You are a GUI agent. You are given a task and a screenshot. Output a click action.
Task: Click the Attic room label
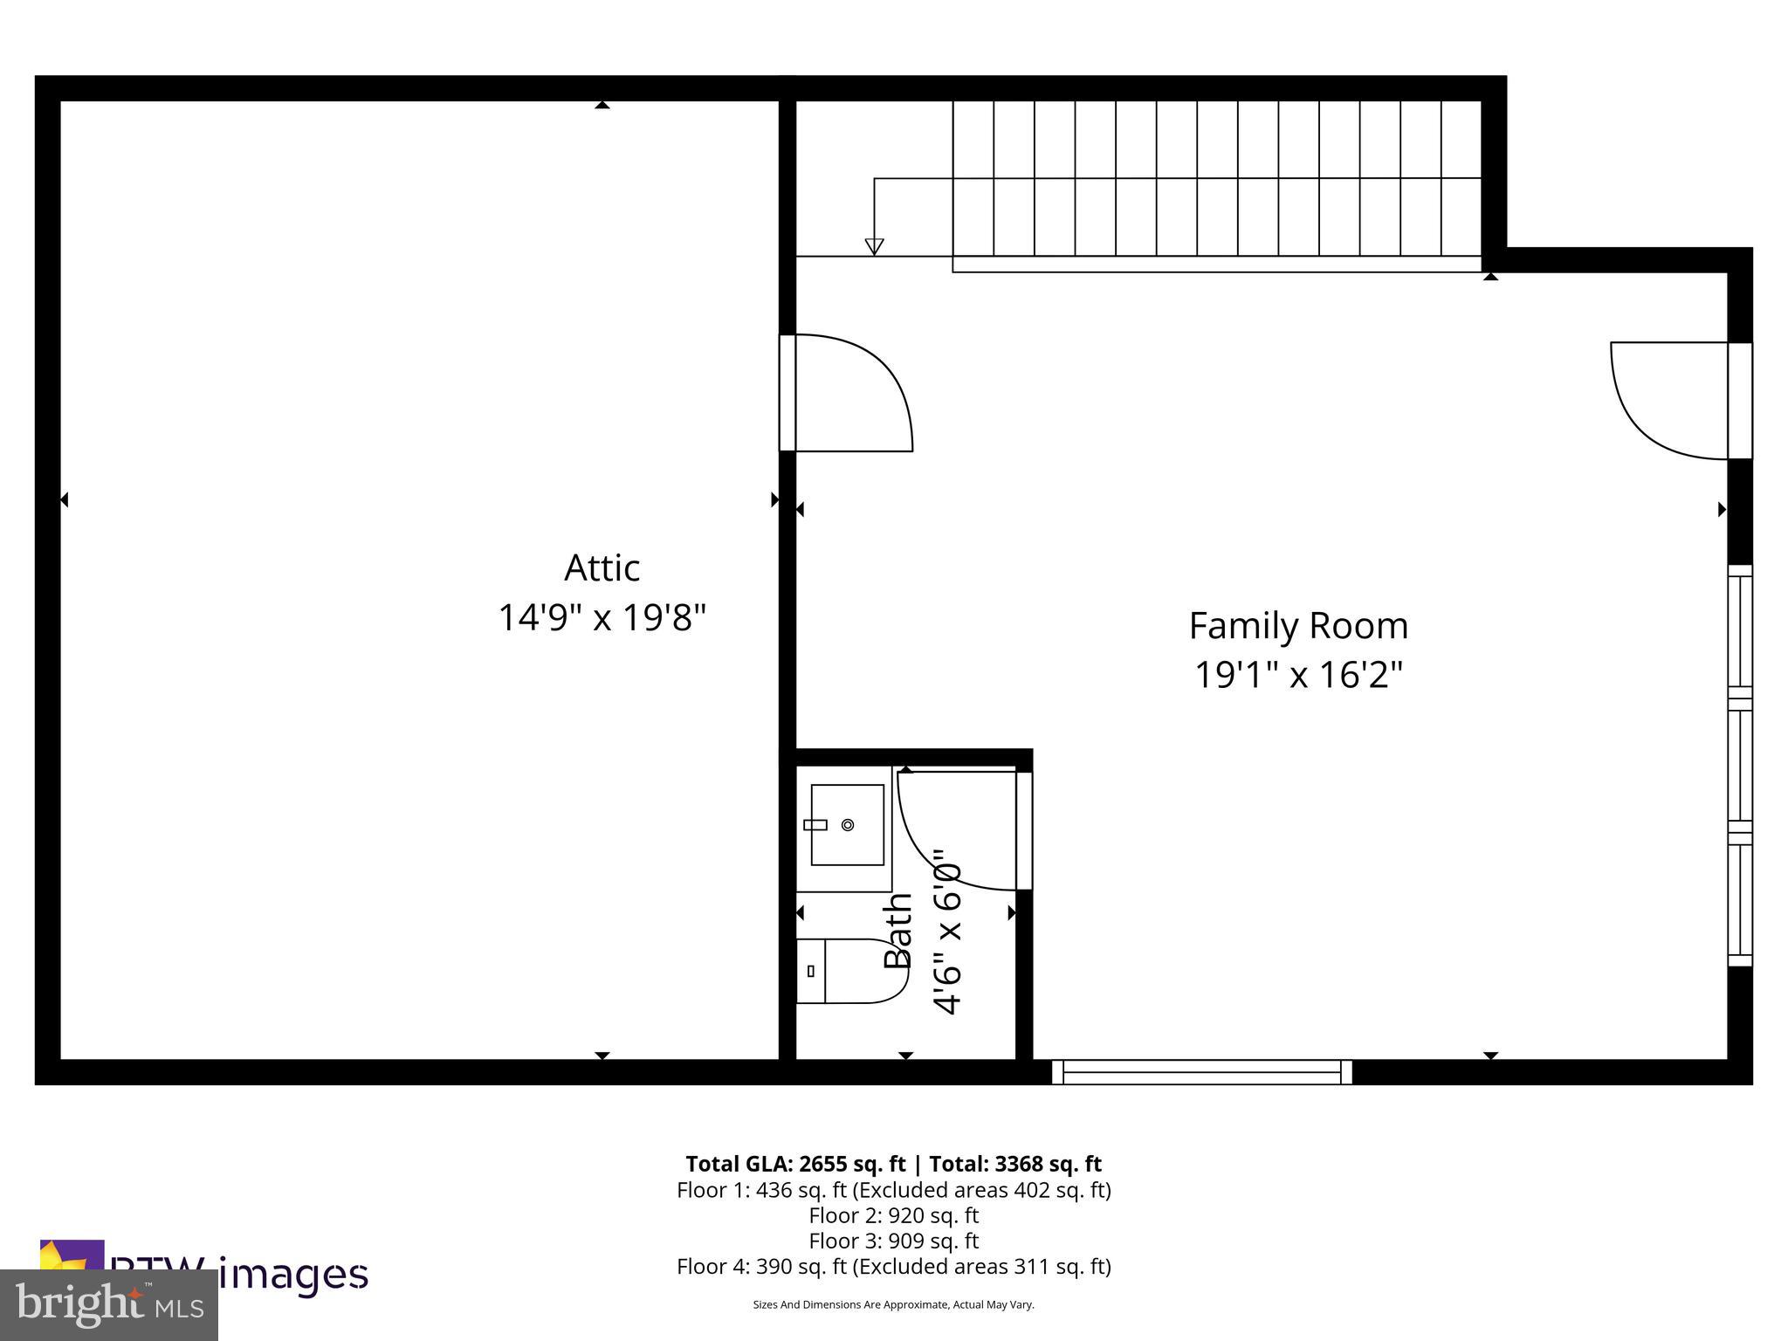pyautogui.click(x=602, y=568)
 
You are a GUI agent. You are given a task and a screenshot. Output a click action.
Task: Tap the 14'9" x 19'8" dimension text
pyautogui.click(x=602, y=618)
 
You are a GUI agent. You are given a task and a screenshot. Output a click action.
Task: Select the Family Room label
pyautogui.click(x=1298, y=626)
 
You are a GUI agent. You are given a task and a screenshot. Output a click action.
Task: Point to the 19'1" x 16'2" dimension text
pyautogui.click(x=1298, y=675)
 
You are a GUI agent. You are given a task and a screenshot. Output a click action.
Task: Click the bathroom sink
pyautogui.click(x=846, y=824)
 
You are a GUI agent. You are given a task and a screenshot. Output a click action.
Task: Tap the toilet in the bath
pyautogui.click(x=847, y=971)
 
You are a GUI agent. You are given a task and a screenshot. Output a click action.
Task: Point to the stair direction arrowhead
pyautogui.click(x=874, y=246)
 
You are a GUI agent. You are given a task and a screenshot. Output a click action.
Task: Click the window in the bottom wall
pyautogui.click(x=1201, y=1071)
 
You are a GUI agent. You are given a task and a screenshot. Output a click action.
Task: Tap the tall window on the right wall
pyautogui.click(x=1740, y=766)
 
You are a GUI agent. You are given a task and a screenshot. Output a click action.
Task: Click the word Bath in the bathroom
pyautogui.click(x=897, y=932)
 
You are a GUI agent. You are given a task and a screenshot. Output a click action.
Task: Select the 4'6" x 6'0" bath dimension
pyautogui.click(x=947, y=932)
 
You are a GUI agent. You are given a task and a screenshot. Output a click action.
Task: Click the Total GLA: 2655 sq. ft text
pyautogui.click(x=795, y=1164)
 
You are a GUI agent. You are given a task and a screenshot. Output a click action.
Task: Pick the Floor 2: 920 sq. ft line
pyautogui.click(x=893, y=1215)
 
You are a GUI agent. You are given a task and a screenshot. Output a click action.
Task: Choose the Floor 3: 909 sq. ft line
pyautogui.click(x=893, y=1241)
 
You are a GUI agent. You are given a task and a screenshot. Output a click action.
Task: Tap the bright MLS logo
pyautogui.click(x=109, y=1304)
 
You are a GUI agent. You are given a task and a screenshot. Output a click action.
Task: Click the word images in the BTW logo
pyautogui.click(x=293, y=1274)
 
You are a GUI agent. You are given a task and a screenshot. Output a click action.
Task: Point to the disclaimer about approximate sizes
pyautogui.click(x=893, y=1304)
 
